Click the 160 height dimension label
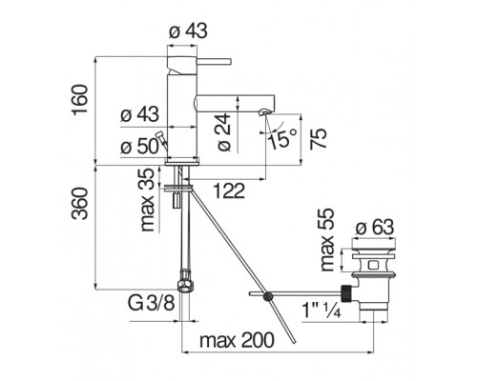click(x=79, y=100)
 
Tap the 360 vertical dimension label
click(x=79, y=204)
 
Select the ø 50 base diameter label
click(x=139, y=147)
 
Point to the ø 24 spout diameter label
click(x=224, y=132)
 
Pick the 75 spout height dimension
click(x=319, y=138)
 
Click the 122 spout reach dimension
click(x=229, y=190)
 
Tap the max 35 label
click(x=147, y=200)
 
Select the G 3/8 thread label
click(x=152, y=303)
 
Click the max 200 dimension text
click(x=237, y=340)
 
